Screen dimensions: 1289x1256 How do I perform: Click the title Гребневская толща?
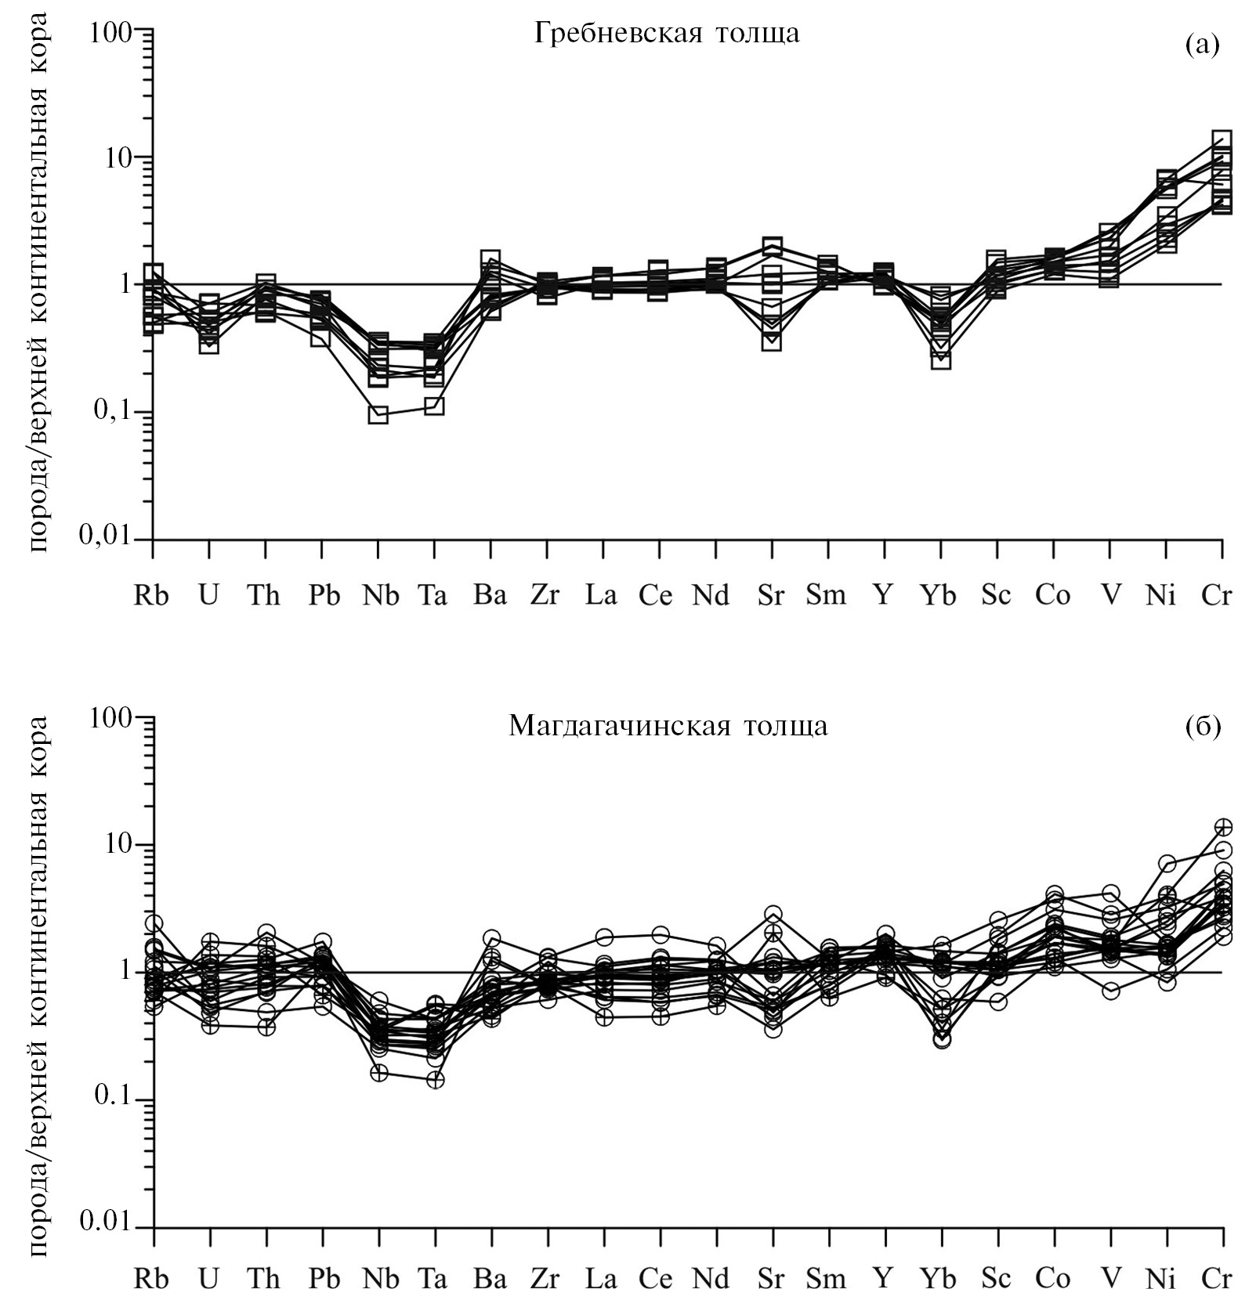click(x=667, y=33)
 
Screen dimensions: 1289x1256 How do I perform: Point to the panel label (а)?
click(x=1203, y=45)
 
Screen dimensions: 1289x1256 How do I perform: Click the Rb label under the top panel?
click(x=152, y=596)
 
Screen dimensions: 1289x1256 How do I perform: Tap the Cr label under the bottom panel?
click(x=1216, y=1277)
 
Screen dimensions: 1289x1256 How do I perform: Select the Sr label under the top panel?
click(x=771, y=596)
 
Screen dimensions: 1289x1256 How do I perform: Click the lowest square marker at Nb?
click(x=378, y=414)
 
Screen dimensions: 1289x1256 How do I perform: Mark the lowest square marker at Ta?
click(x=435, y=406)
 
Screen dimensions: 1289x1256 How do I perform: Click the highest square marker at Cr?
click(x=1222, y=139)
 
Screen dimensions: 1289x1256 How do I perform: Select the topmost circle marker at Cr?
click(x=1222, y=827)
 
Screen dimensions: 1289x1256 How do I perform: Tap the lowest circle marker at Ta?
click(x=435, y=1079)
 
